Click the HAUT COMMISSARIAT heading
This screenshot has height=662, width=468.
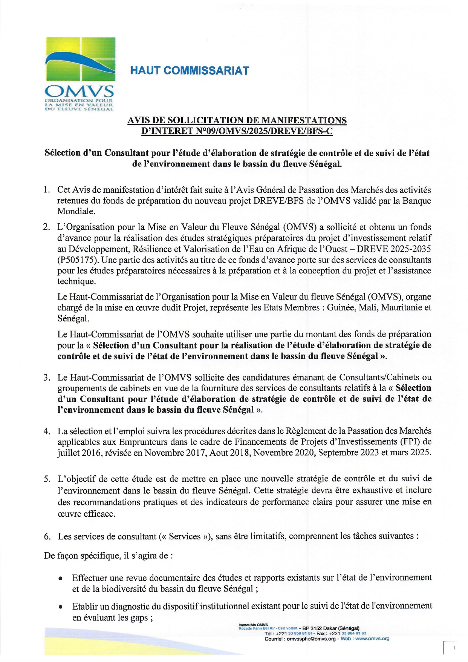189,71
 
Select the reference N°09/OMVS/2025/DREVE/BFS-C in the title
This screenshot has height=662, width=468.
265,131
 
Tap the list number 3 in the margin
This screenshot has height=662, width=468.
47,377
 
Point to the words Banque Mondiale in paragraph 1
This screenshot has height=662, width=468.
407,201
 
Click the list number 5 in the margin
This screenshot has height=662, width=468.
47,479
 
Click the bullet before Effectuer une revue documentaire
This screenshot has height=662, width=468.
60,578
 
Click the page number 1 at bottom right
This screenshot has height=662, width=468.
455,648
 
